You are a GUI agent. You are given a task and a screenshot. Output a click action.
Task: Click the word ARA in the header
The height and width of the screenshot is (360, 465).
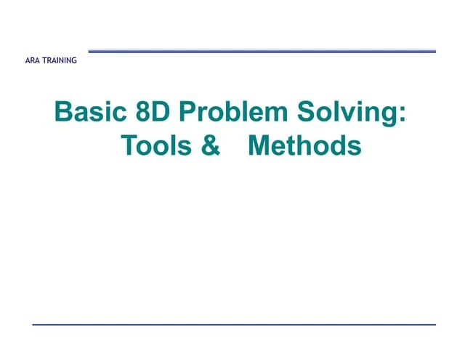(33, 61)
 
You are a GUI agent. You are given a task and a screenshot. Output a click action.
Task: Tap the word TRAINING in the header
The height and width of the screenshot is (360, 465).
(60, 61)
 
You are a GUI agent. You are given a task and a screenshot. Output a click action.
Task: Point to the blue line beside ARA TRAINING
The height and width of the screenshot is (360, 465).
(262, 51)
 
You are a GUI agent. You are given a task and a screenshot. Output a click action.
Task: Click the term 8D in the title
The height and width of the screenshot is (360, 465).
(153, 114)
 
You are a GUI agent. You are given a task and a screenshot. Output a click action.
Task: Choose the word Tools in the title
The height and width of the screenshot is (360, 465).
(153, 146)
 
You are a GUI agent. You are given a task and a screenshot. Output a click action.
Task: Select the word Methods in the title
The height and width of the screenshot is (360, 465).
(304, 146)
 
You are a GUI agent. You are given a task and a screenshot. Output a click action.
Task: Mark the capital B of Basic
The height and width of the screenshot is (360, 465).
(64, 114)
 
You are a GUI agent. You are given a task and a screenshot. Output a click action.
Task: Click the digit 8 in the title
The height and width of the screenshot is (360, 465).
(142, 114)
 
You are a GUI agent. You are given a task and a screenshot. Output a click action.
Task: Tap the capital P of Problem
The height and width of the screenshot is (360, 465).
(187, 114)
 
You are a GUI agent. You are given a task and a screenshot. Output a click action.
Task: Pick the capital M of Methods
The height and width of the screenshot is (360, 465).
(260, 146)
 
